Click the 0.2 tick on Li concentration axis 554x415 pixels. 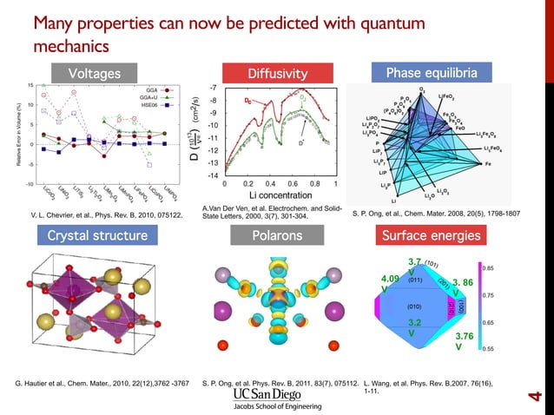click(x=247, y=184)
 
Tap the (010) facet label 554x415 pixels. click(x=415, y=306)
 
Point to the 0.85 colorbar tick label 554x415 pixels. click(x=488, y=268)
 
